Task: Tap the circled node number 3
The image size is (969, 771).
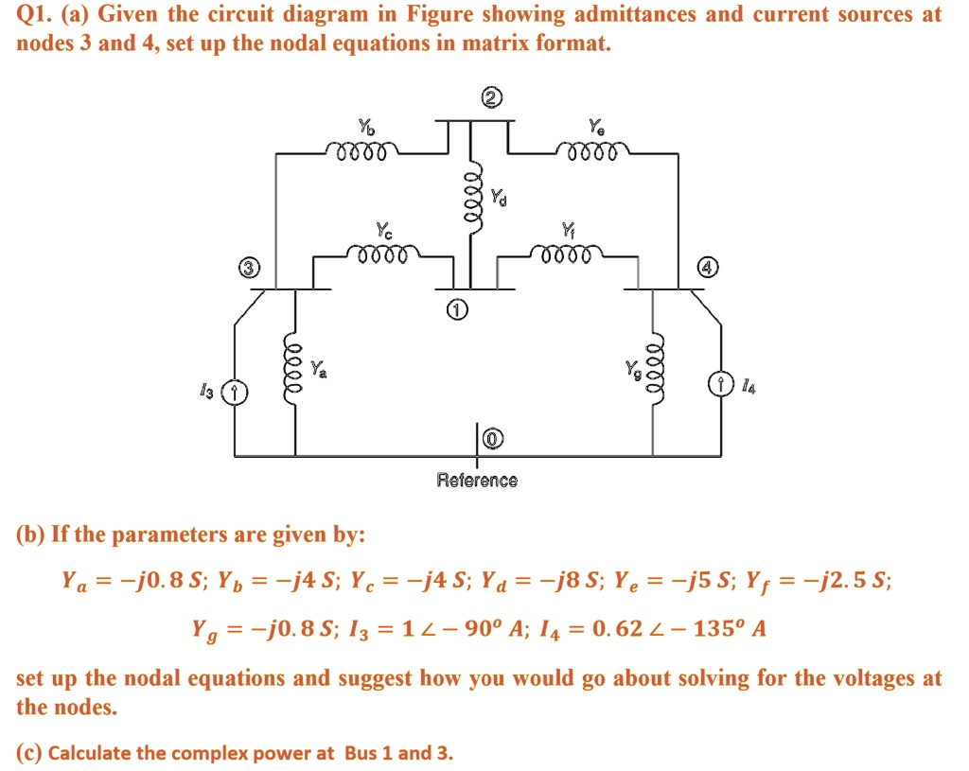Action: coord(248,268)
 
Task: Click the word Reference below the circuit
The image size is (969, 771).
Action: coord(477,481)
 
